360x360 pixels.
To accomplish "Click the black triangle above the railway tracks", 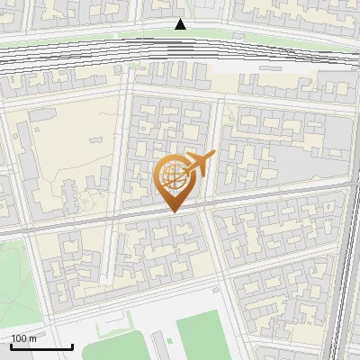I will pos(181,24).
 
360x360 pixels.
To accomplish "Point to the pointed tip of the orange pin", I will pos(174,211).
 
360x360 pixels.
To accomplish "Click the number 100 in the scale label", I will pos(19,338).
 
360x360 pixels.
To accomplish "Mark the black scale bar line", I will pos(41,346).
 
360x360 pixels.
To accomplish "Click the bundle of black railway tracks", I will pos(180,56).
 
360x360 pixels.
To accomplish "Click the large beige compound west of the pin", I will pos(72,162).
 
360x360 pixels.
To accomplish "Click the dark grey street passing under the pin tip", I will pos(135,214).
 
